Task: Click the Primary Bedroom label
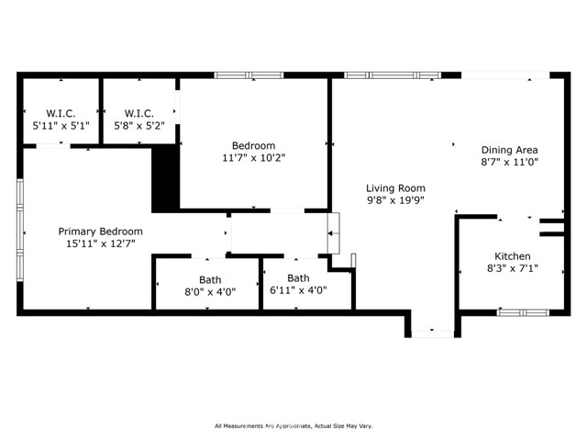[100, 232]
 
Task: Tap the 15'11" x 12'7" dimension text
[100, 243]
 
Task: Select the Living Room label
[395, 188]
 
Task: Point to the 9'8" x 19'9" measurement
[395, 200]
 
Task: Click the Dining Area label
[510, 150]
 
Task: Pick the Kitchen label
[513, 256]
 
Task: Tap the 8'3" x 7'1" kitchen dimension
[513, 268]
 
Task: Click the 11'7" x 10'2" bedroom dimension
[254, 158]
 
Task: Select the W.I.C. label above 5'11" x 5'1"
[61, 113]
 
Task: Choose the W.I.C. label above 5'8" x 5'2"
[139, 113]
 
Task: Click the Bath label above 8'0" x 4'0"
[210, 279]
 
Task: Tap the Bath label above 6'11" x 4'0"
[298, 277]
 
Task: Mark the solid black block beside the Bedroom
[165, 178]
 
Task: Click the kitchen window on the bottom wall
[524, 312]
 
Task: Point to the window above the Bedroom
[249, 75]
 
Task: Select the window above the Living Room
[393, 75]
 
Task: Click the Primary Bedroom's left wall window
[20, 231]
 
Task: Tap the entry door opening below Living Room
[433, 334]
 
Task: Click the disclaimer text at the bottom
[293, 426]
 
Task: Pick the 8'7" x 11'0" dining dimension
[510, 162]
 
